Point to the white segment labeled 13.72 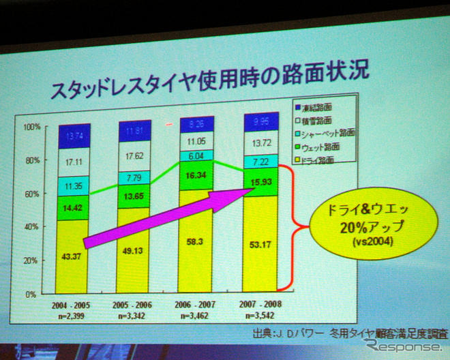tap(261, 144)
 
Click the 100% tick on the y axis tap(32, 127)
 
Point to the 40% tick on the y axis tap(33, 228)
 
